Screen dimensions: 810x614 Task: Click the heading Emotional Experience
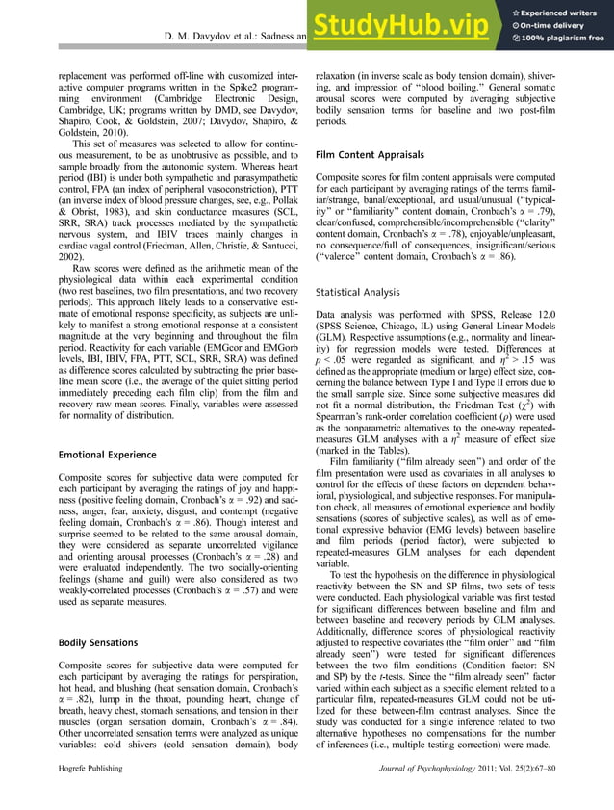click(108, 454)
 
